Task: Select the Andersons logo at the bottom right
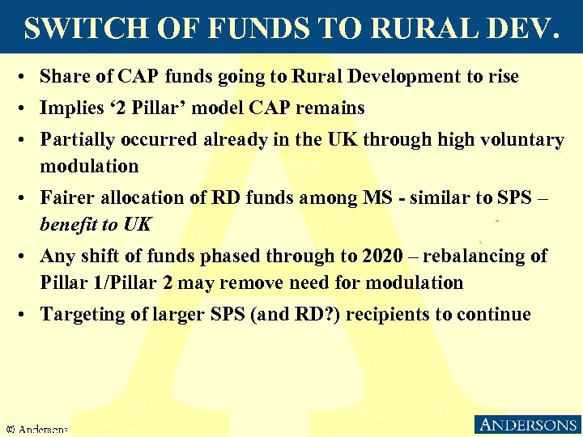coord(526,425)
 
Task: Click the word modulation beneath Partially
coord(89,166)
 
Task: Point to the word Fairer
coord(66,197)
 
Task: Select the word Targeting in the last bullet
coord(80,314)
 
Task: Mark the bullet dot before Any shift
coord(27,257)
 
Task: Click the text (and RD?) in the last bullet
coord(303,314)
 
